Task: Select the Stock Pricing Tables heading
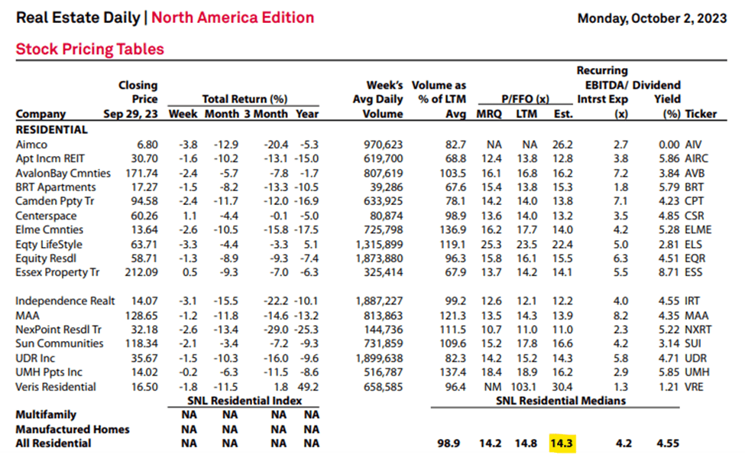[90, 50]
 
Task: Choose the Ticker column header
[701, 114]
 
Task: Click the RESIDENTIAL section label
[52, 129]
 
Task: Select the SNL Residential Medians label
[561, 401]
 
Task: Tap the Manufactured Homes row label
[73, 429]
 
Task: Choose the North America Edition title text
[232, 18]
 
